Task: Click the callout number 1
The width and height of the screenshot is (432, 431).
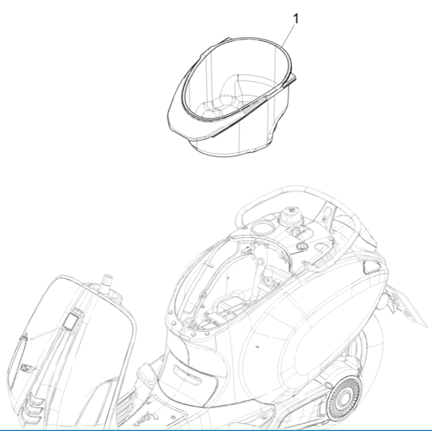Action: [x=296, y=19]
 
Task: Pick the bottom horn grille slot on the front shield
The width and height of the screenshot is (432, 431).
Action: [x=32, y=421]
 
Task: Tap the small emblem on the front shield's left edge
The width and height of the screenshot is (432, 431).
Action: [x=27, y=368]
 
